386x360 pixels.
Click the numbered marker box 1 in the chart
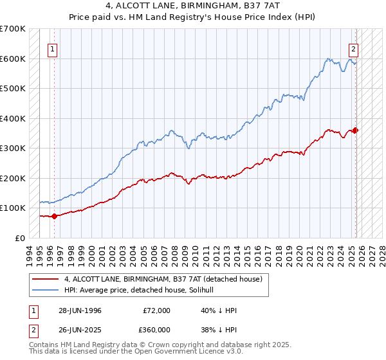click(x=52, y=48)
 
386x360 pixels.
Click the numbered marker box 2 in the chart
click(x=354, y=48)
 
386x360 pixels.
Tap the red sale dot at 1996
click(x=55, y=216)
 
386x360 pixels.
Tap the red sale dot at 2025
click(x=356, y=130)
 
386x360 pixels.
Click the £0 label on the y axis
click(x=20, y=238)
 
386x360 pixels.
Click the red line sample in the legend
click(x=45, y=280)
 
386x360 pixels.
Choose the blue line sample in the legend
click(x=45, y=291)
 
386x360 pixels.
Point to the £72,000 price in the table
click(x=156, y=310)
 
